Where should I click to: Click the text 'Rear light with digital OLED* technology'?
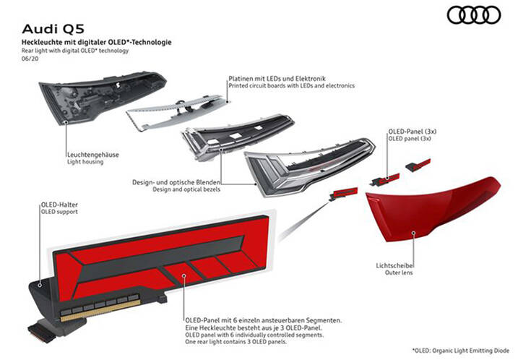[76, 51]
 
